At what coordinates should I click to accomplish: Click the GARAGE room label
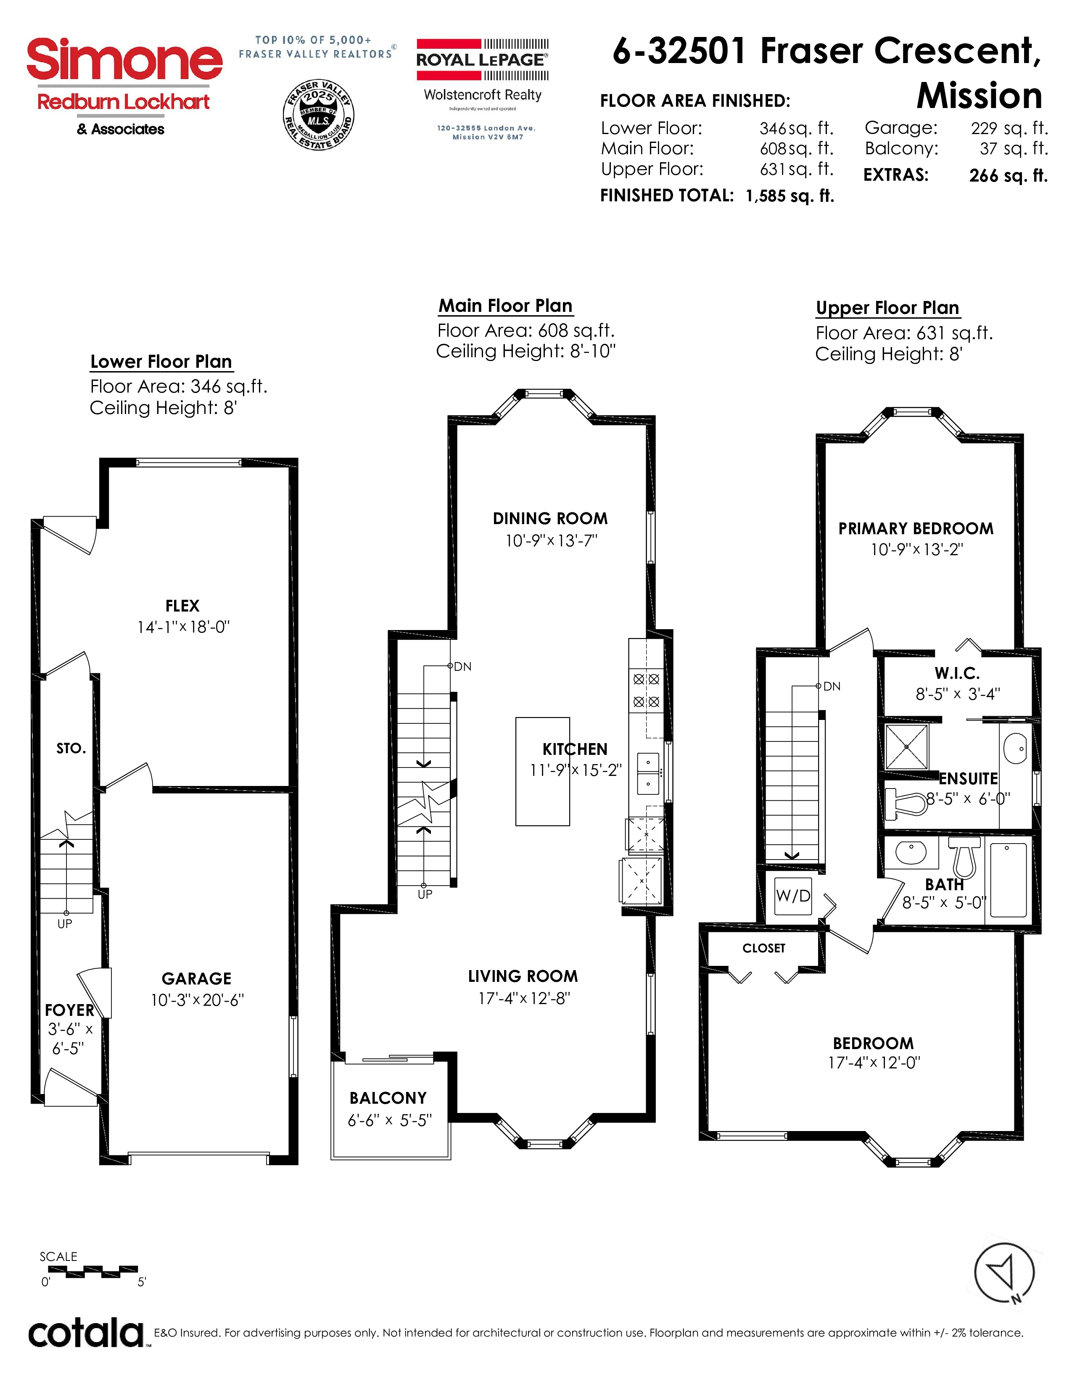pos(196,978)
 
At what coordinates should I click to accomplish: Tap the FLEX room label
pos(182,606)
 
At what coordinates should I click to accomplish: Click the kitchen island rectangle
pos(542,772)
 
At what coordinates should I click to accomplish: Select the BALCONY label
pos(388,1098)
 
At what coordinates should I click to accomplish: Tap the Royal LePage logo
pos(483,60)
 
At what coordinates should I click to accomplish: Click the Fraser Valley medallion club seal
pos(318,115)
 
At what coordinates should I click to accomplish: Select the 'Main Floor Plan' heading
pos(505,306)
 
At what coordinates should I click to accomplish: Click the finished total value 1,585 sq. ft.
pos(790,195)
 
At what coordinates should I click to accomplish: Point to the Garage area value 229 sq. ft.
pos(1009,128)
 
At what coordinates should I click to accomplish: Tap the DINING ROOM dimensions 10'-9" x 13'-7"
pos(551,541)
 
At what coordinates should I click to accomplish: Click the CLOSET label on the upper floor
pos(764,948)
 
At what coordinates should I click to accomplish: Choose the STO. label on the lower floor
pos(71,749)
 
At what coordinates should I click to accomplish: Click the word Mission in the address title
pos(979,97)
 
